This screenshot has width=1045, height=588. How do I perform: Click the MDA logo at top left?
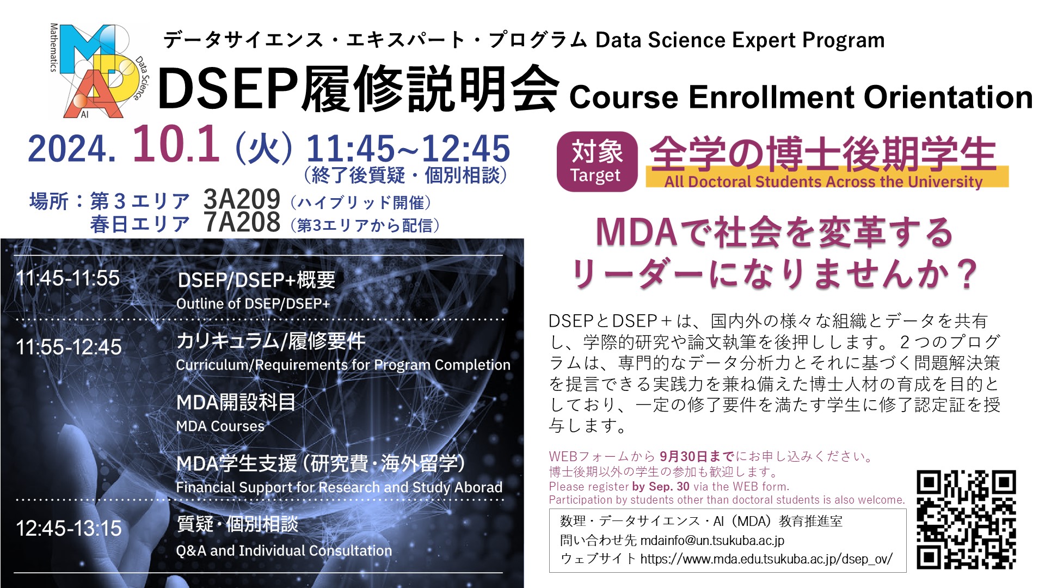tap(98, 71)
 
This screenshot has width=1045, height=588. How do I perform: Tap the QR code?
tap(966, 520)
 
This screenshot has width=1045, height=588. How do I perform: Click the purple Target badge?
tap(597, 162)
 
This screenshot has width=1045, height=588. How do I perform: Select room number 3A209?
tap(242, 200)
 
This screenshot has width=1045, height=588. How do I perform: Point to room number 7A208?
tap(242, 223)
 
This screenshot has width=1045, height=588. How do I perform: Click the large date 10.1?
tap(176, 144)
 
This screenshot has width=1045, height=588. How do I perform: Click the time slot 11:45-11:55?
tap(68, 278)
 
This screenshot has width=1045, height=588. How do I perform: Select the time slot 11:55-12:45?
tap(69, 347)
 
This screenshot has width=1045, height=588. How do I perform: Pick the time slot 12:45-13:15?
tap(69, 528)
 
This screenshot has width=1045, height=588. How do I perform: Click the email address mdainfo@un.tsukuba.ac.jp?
tap(712, 541)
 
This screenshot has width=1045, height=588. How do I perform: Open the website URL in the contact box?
tap(766, 559)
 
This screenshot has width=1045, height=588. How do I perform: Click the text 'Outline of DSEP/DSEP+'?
tap(253, 304)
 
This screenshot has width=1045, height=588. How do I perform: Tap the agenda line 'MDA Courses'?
tap(220, 426)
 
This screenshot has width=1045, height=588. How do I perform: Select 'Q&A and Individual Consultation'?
tap(284, 551)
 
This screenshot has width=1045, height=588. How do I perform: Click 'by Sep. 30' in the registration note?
tap(661, 487)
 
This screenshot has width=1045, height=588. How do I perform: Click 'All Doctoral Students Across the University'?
tap(823, 181)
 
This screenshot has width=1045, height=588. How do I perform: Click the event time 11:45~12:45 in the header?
tap(408, 149)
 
